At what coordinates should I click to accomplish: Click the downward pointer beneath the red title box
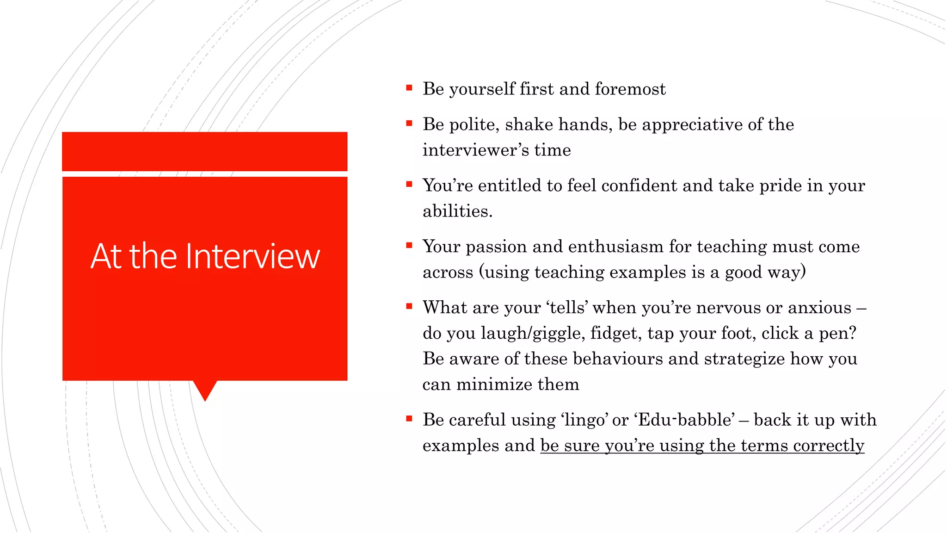(x=205, y=390)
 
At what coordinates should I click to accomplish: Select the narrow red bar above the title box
(x=204, y=151)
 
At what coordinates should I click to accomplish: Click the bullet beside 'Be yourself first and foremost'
(x=409, y=87)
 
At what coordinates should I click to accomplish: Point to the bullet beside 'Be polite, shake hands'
(x=409, y=123)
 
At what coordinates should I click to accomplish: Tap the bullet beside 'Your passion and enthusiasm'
(x=409, y=245)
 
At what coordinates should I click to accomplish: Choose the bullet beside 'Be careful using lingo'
(x=409, y=419)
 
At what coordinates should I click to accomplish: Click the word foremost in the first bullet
(x=630, y=89)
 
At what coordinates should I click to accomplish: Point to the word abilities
(x=457, y=211)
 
